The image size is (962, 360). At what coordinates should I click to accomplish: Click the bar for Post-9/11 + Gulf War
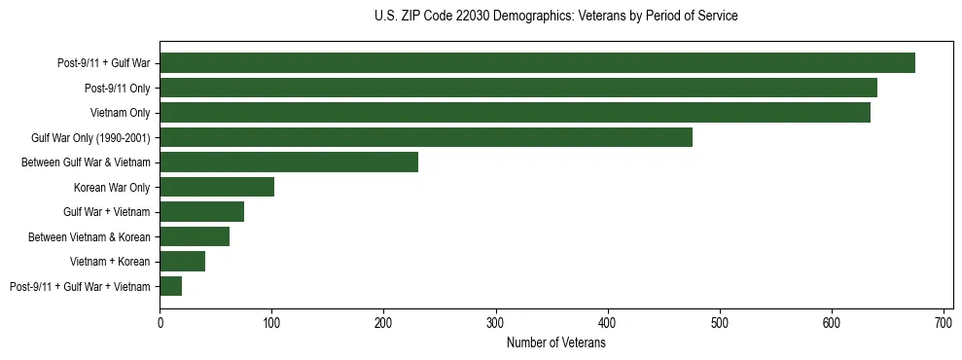pyautogui.click(x=537, y=63)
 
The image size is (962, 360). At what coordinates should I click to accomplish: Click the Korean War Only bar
pyautogui.click(x=217, y=187)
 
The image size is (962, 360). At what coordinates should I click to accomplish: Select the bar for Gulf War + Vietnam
pyautogui.click(x=202, y=212)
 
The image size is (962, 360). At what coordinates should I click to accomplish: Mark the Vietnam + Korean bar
pyautogui.click(x=183, y=262)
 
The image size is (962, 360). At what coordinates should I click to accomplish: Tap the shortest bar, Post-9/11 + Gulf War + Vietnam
pyautogui.click(x=171, y=286)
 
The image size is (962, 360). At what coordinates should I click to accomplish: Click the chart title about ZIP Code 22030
pyautogui.click(x=555, y=17)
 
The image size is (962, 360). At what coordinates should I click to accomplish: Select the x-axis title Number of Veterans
pyautogui.click(x=555, y=343)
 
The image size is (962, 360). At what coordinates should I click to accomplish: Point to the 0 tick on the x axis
pyautogui.click(x=160, y=322)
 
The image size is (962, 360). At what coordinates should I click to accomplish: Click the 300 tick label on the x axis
pyautogui.click(x=496, y=322)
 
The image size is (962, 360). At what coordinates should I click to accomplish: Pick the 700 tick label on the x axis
pyautogui.click(x=944, y=322)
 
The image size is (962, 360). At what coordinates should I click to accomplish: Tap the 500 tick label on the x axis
pyautogui.click(x=720, y=322)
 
